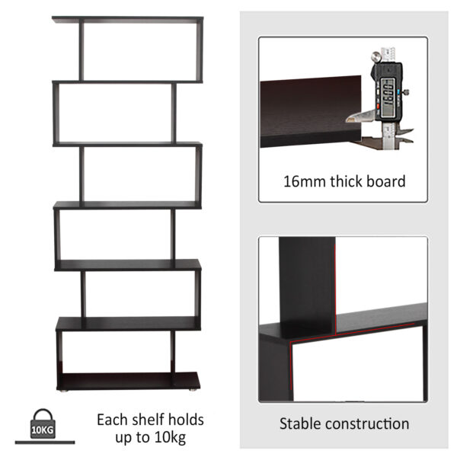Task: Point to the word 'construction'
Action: click(x=369, y=423)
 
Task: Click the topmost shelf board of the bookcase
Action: click(x=128, y=19)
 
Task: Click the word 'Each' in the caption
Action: click(x=111, y=420)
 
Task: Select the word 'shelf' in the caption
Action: click(x=147, y=420)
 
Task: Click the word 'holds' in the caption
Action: click(x=187, y=420)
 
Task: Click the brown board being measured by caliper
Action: click(x=305, y=107)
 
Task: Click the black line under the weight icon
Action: click(x=44, y=442)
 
